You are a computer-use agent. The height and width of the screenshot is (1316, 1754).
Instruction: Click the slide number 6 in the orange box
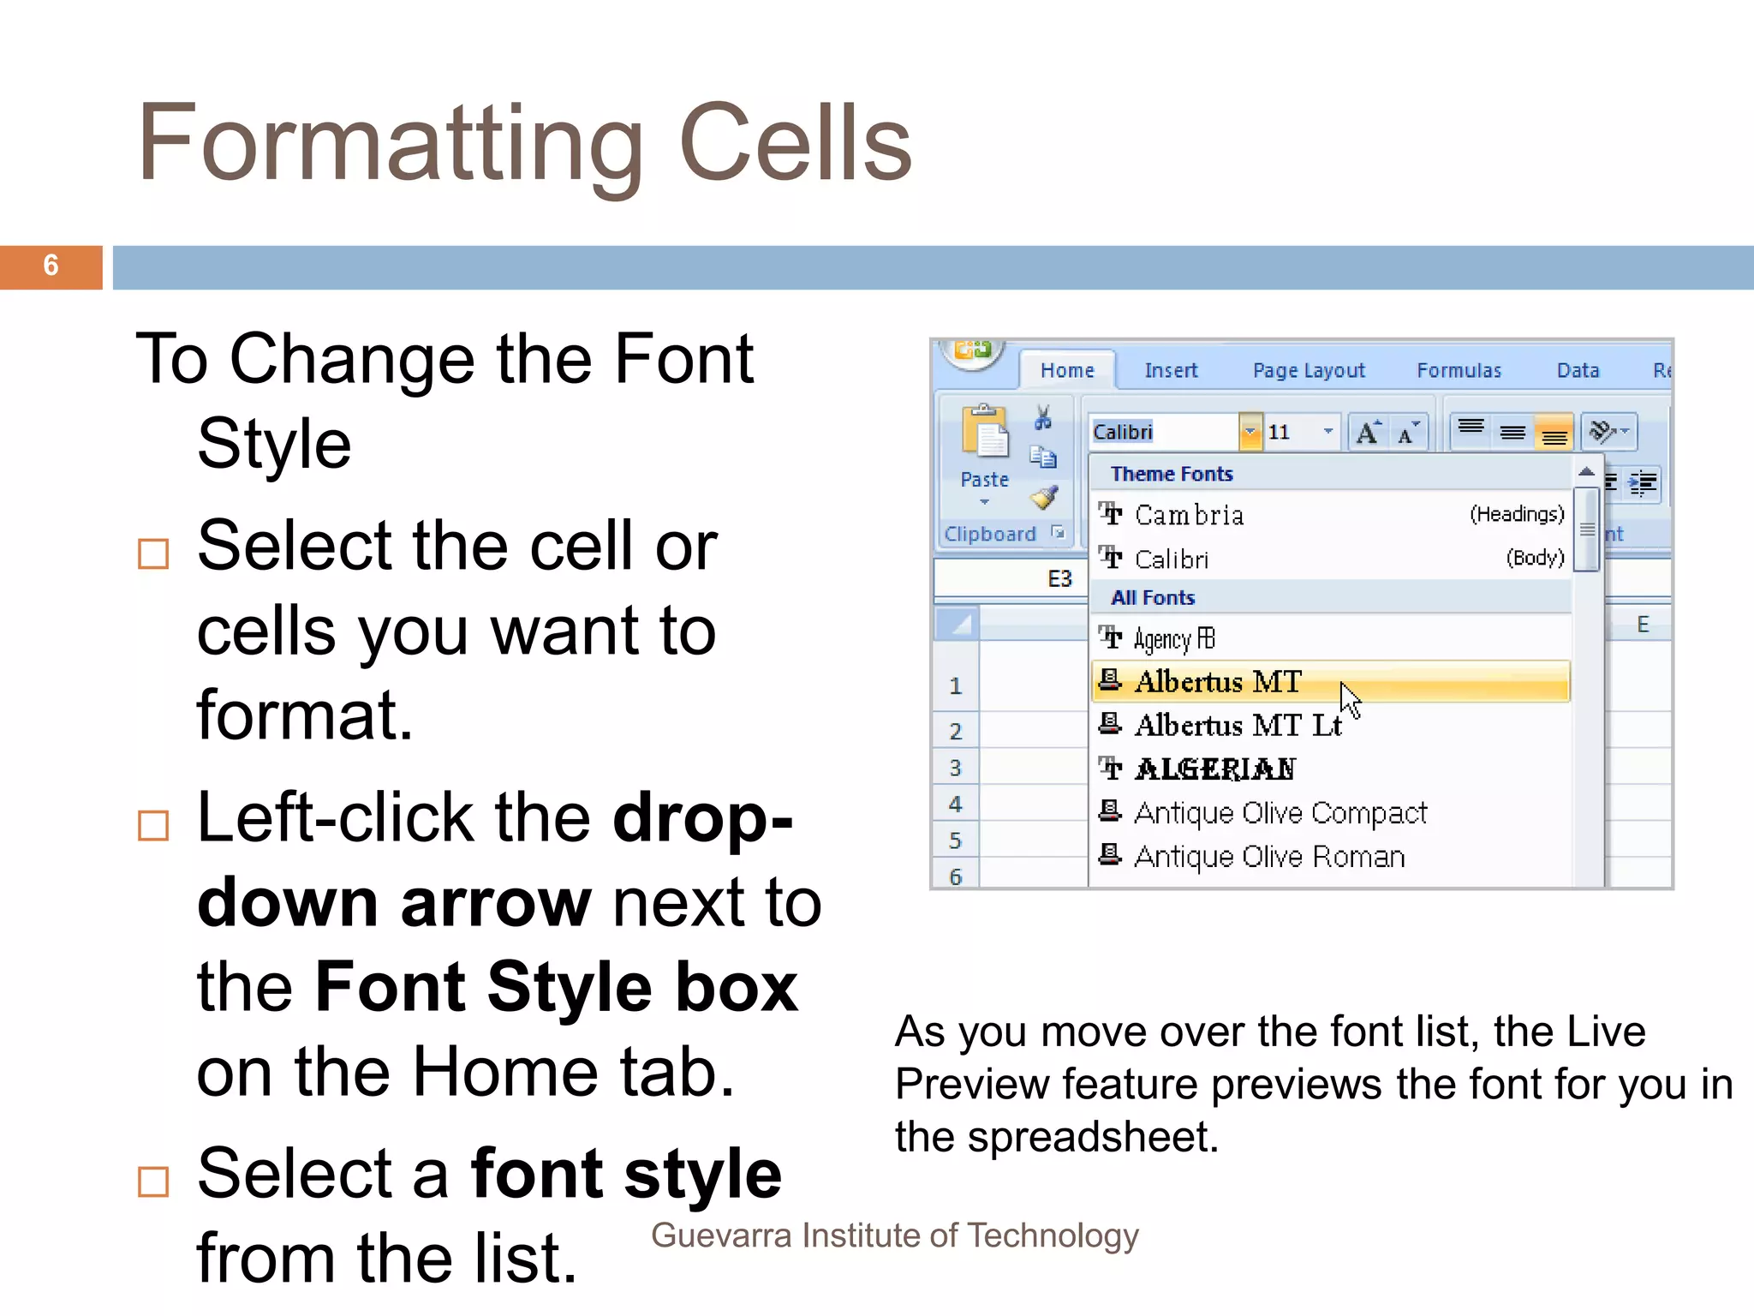point(51,266)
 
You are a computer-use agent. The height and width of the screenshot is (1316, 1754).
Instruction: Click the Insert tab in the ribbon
point(1171,370)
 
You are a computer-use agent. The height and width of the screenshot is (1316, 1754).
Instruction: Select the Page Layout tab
point(1308,370)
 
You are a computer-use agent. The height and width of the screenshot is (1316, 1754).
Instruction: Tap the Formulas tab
point(1459,370)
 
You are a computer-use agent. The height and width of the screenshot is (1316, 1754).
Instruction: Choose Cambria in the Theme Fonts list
point(1189,515)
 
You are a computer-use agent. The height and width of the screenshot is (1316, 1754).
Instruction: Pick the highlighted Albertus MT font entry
point(1218,682)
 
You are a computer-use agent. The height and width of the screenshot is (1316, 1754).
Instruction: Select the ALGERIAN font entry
point(1214,769)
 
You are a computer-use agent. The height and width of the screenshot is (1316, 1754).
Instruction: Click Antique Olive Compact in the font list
point(1280,812)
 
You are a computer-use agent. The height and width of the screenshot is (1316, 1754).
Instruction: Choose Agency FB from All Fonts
point(1173,639)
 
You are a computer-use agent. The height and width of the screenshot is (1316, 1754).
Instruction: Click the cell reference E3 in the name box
point(1059,579)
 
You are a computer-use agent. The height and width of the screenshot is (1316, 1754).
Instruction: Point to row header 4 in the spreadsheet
point(955,805)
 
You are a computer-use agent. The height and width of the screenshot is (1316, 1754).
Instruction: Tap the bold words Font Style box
point(556,987)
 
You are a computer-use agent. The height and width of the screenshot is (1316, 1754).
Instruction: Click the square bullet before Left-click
point(153,826)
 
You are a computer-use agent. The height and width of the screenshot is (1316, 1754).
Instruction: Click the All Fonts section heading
point(1152,598)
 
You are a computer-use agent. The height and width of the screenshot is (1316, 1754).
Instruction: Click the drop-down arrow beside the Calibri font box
point(1250,432)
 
